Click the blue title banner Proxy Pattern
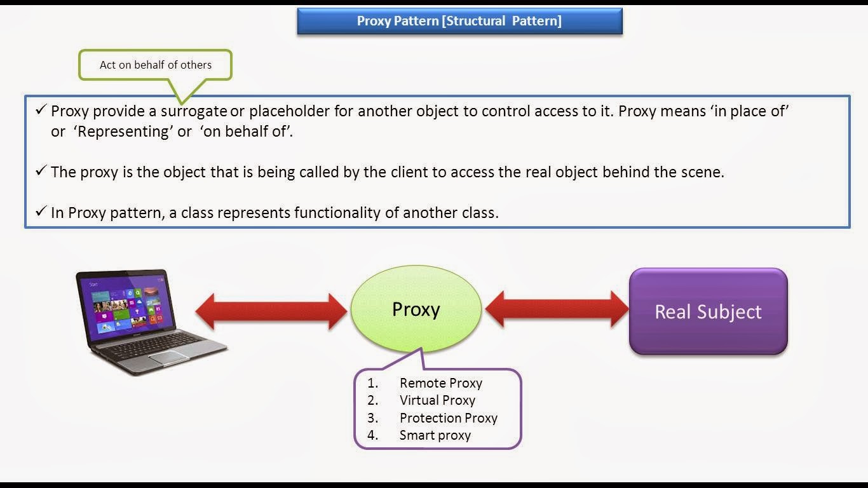click(x=459, y=21)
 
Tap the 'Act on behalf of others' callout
click(x=155, y=65)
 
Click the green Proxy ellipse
click(x=416, y=309)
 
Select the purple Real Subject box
click(x=708, y=311)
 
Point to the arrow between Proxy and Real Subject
click(x=557, y=309)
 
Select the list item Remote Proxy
click(x=440, y=383)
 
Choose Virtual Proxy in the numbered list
click(x=437, y=400)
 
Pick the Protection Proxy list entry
click(x=448, y=418)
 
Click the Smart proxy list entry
click(x=435, y=435)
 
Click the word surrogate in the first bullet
click(x=193, y=112)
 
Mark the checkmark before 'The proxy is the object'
click(x=41, y=171)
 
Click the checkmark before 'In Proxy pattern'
click(x=41, y=211)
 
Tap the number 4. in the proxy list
click(x=372, y=435)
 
